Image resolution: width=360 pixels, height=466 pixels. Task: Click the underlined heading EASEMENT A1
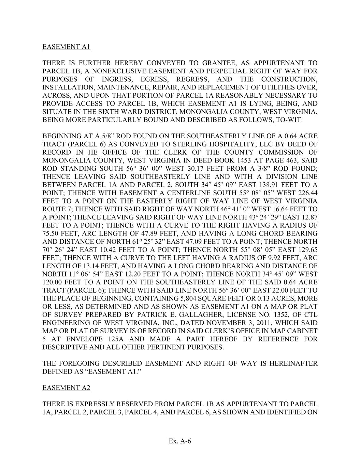[66, 47]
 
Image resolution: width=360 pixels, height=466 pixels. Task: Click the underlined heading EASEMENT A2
[66, 388]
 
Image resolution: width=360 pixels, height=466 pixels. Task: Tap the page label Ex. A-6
[180, 441]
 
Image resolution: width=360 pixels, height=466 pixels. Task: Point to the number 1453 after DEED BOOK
[228, 160]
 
